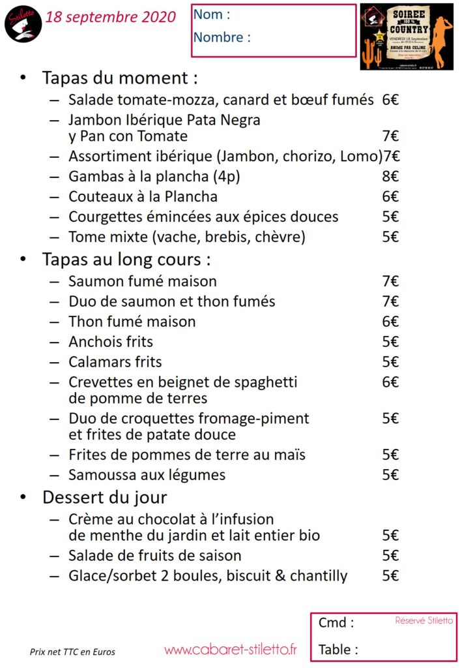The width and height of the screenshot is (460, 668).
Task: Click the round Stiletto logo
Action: (x=23, y=23)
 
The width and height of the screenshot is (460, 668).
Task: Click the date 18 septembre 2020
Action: (x=111, y=18)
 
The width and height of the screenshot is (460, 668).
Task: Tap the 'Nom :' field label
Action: (x=212, y=15)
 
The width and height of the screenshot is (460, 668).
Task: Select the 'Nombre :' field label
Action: (x=222, y=37)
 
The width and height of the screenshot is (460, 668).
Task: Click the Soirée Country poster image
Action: (x=407, y=37)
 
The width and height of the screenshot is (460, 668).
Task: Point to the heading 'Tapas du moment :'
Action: (x=120, y=78)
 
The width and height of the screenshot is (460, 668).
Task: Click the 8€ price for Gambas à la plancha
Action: (x=390, y=176)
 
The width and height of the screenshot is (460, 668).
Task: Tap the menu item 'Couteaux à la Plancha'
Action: (x=143, y=196)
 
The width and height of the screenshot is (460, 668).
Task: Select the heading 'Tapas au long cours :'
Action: (x=126, y=260)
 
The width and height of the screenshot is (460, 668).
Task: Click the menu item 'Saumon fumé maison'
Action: (x=143, y=281)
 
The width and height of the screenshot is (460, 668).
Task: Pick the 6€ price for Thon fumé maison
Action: (x=390, y=322)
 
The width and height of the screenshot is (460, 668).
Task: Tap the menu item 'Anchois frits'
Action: (x=111, y=342)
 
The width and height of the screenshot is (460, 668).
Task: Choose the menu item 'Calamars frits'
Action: (x=115, y=362)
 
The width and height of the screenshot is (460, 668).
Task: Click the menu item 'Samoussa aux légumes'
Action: (x=147, y=475)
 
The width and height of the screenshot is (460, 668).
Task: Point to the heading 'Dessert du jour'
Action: (x=105, y=498)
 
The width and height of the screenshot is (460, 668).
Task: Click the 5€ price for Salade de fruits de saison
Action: (x=390, y=556)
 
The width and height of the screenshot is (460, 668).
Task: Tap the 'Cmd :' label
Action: (x=336, y=623)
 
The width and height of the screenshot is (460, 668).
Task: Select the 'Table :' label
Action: (x=338, y=650)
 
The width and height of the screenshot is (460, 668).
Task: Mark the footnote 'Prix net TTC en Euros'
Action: (x=72, y=652)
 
